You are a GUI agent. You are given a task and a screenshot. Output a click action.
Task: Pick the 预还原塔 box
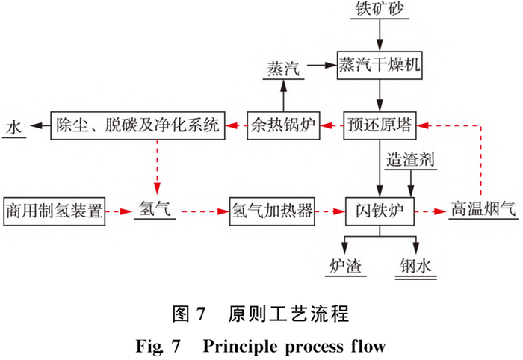(381, 124)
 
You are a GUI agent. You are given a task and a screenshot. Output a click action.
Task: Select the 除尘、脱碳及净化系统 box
(137, 124)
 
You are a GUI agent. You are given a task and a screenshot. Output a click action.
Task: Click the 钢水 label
(417, 264)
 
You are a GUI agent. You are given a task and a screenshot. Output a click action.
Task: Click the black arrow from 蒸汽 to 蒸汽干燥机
(318, 65)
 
